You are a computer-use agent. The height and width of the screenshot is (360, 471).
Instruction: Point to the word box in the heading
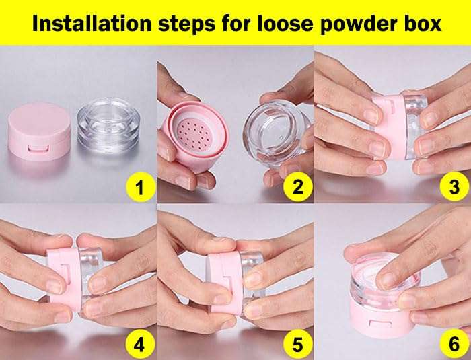pos(425,24)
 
